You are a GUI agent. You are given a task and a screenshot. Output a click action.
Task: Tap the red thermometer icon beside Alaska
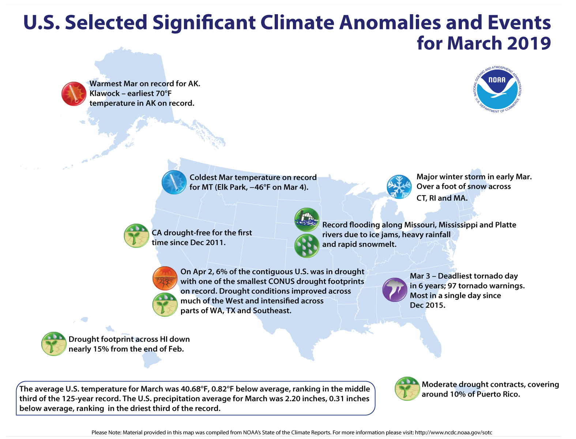pos(74,94)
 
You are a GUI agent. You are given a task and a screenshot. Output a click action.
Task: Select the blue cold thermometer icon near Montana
pos(174,182)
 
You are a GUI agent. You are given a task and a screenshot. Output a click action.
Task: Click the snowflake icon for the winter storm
pos(399,187)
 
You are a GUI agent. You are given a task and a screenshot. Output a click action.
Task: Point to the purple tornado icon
pos(395,289)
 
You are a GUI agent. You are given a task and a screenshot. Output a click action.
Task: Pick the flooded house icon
pos(306,219)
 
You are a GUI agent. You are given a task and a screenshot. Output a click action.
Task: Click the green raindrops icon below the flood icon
pos(306,246)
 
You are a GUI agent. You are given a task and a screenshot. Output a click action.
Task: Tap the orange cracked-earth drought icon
pos(165,278)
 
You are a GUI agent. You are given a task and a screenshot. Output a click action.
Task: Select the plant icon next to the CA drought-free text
pos(136,236)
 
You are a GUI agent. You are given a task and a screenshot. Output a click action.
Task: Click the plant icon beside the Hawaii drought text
pos(54,344)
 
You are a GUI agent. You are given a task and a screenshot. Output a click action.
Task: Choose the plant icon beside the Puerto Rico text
pos(407,389)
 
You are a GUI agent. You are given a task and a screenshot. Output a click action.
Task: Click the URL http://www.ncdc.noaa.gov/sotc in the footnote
pos(453,432)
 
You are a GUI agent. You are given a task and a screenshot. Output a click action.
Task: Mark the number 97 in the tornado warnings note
pos(453,286)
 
